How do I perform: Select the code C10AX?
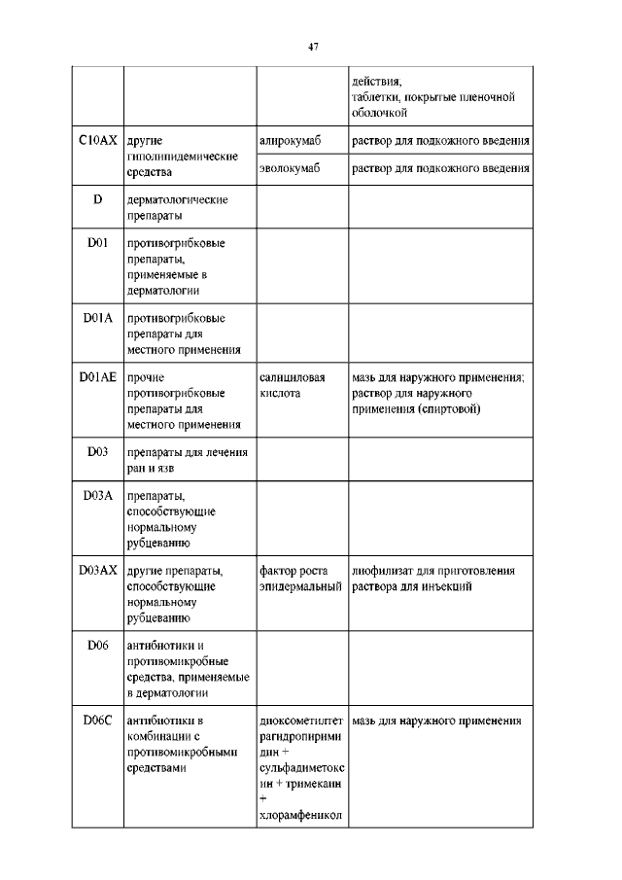tap(97, 141)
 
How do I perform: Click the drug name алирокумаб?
tap(291, 142)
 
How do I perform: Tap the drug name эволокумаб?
tap(291, 169)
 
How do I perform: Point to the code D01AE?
tap(97, 376)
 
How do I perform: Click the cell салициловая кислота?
tap(293, 385)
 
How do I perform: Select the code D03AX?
tap(97, 570)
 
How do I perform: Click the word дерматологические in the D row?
tap(177, 199)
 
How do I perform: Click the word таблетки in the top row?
tap(377, 97)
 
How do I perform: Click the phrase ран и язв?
tap(155, 468)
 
